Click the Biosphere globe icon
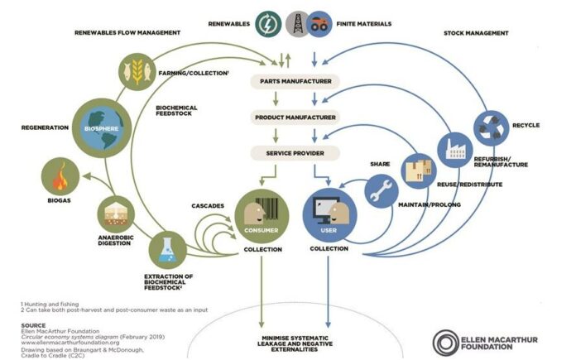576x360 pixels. coord(102,127)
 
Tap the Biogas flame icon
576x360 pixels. coord(60,176)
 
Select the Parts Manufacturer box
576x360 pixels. coord(295,81)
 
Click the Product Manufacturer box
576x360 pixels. coord(295,118)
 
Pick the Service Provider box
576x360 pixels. coord(295,153)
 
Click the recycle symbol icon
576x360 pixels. coord(491,128)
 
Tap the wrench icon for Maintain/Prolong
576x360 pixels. coord(382,191)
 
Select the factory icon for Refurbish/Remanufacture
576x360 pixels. coord(455,150)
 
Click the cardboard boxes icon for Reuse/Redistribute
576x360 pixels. coord(419,170)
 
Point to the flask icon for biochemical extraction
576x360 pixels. coord(167,250)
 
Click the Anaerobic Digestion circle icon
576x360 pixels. coord(116,214)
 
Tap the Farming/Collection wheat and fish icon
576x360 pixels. coord(137,72)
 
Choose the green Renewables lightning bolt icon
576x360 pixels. coord(268,24)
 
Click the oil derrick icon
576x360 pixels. coord(298,24)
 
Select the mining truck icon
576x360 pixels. coord(319,24)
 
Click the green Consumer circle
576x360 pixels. coord(262,216)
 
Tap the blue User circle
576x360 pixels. coord(329,216)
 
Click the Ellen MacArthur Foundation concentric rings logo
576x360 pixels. coord(445,343)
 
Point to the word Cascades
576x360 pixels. coord(208,206)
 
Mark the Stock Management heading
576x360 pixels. coord(476,33)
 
